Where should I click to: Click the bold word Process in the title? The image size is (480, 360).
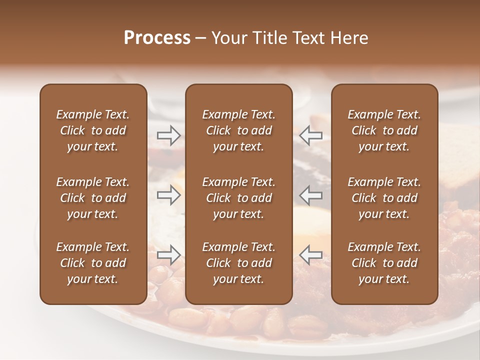pos(157,38)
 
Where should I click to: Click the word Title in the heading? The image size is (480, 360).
pos(269,38)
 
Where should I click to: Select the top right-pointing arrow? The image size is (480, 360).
pos(168,135)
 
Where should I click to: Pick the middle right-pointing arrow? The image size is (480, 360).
pos(168,195)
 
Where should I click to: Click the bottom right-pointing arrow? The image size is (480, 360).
pos(168,255)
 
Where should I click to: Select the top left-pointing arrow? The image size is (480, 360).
pos(310,135)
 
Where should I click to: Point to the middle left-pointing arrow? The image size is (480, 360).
pos(310,195)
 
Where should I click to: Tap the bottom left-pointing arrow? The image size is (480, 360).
pos(310,255)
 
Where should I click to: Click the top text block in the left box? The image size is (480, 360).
pos(93,130)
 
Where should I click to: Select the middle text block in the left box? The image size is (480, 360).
pos(93,198)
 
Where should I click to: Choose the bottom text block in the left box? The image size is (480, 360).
pos(93,263)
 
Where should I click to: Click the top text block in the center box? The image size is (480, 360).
pos(238,130)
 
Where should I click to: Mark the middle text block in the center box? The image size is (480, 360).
pos(238,198)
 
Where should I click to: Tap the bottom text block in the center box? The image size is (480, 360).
pos(238,263)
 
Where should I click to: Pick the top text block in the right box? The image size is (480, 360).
pos(384,130)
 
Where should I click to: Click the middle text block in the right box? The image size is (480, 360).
pos(384,198)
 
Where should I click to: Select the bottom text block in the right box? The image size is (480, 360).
pos(384,263)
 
